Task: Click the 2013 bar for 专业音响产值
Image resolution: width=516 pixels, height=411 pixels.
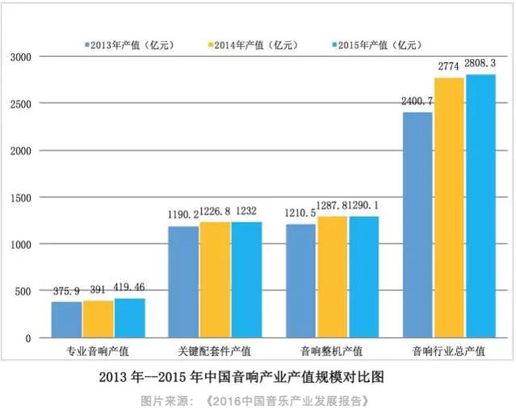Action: point(67,320)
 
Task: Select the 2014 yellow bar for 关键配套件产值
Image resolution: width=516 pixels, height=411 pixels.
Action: point(215,280)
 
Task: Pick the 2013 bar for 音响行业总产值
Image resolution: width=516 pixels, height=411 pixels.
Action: point(417,225)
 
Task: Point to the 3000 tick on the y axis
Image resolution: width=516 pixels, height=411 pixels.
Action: point(19,57)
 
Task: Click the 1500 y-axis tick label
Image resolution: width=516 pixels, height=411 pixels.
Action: point(19,197)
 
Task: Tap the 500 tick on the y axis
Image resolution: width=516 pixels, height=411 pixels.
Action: point(22,291)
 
